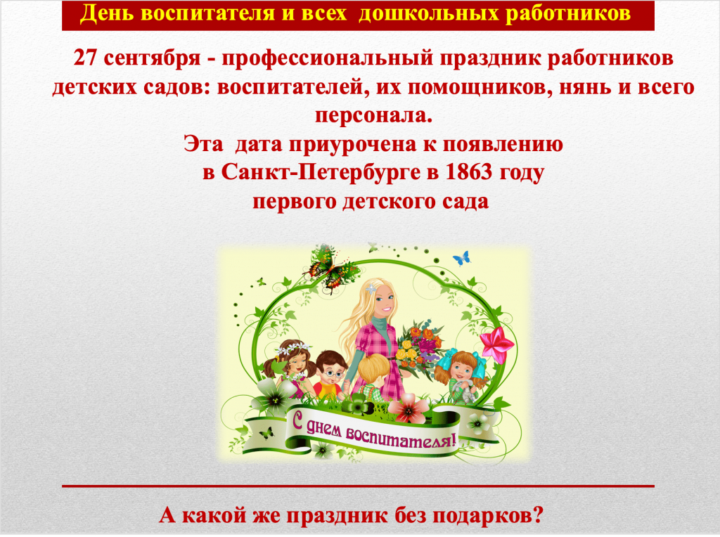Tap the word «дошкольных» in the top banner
tap(428, 14)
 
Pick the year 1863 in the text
tap(468, 172)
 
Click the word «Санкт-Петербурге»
tap(321, 173)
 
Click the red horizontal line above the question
tap(358, 486)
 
